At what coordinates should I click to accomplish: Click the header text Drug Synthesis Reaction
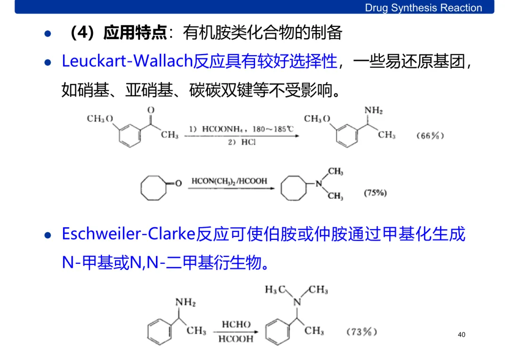pos(423,8)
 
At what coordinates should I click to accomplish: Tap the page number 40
pos(461,335)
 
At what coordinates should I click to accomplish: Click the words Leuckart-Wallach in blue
pos(127,61)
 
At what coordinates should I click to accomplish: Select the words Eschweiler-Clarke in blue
pos(129,234)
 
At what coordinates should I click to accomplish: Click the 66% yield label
pos(430,136)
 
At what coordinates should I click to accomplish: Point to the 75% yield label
pos(375,193)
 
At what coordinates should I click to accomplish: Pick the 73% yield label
pos(361,332)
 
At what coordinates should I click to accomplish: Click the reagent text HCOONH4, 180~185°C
pos(247,129)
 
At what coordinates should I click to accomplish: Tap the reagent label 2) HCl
pos(241,142)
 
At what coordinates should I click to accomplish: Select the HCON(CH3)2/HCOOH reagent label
pos(229,181)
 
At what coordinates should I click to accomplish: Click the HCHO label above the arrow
pos(236,325)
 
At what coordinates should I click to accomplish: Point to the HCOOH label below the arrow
pos(237,339)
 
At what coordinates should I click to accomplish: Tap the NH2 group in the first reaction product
pos(373,111)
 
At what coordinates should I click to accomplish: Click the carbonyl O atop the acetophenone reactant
pos(151,110)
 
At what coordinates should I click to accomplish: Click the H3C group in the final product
pos(275,290)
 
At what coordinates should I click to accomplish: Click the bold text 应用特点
pos(135,33)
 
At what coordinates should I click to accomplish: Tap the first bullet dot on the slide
pos(47,34)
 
